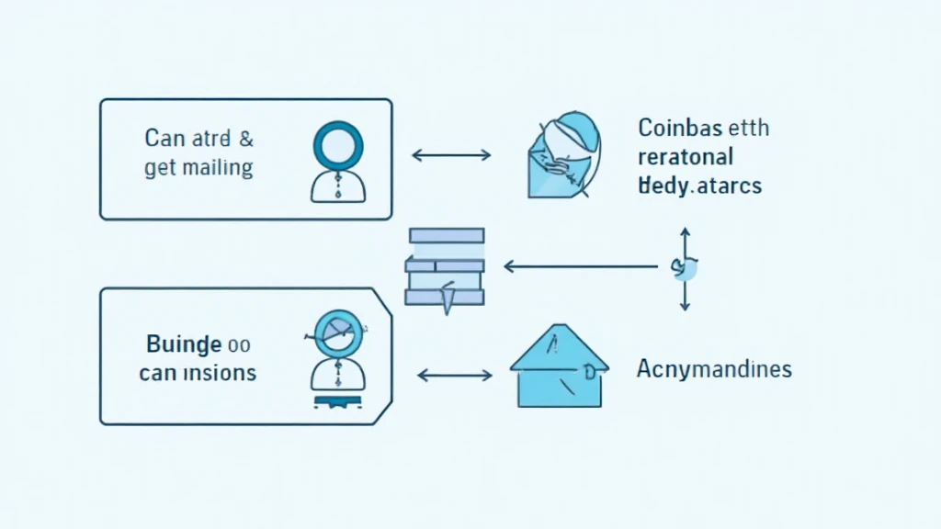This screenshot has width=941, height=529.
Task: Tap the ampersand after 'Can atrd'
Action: click(x=245, y=141)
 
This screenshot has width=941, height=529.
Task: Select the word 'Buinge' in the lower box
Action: click(x=184, y=345)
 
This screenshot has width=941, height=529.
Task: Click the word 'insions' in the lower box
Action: click(x=220, y=374)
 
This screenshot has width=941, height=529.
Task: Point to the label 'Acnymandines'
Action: click(x=714, y=370)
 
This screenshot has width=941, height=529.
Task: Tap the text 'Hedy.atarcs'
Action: click(x=699, y=185)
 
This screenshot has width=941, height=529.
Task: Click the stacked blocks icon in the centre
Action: click(x=445, y=266)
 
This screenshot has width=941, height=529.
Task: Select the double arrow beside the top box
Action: click(x=450, y=155)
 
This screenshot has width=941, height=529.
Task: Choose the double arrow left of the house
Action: click(x=455, y=375)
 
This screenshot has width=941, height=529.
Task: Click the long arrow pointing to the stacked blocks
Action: click(x=579, y=267)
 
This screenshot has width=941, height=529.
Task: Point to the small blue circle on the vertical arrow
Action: click(x=686, y=268)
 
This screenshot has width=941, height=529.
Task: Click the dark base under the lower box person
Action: click(x=339, y=401)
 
